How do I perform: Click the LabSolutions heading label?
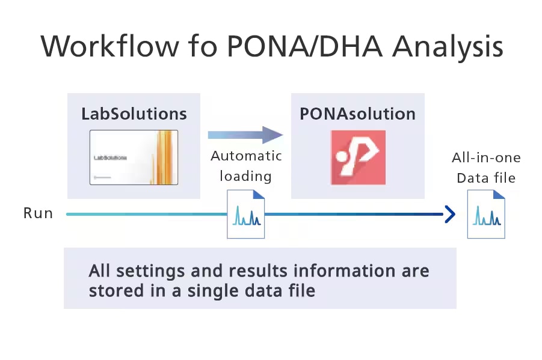click(x=134, y=114)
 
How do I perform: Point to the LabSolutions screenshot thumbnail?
click(x=134, y=157)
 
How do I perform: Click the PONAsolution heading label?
click(x=357, y=114)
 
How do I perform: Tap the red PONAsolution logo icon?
click(x=358, y=157)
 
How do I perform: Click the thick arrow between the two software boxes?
click(x=245, y=135)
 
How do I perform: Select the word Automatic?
click(x=246, y=156)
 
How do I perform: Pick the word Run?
click(x=38, y=213)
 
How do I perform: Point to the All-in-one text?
click(x=486, y=158)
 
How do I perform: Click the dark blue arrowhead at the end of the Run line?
click(x=449, y=214)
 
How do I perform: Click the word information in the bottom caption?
click(x=326, y=270)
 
